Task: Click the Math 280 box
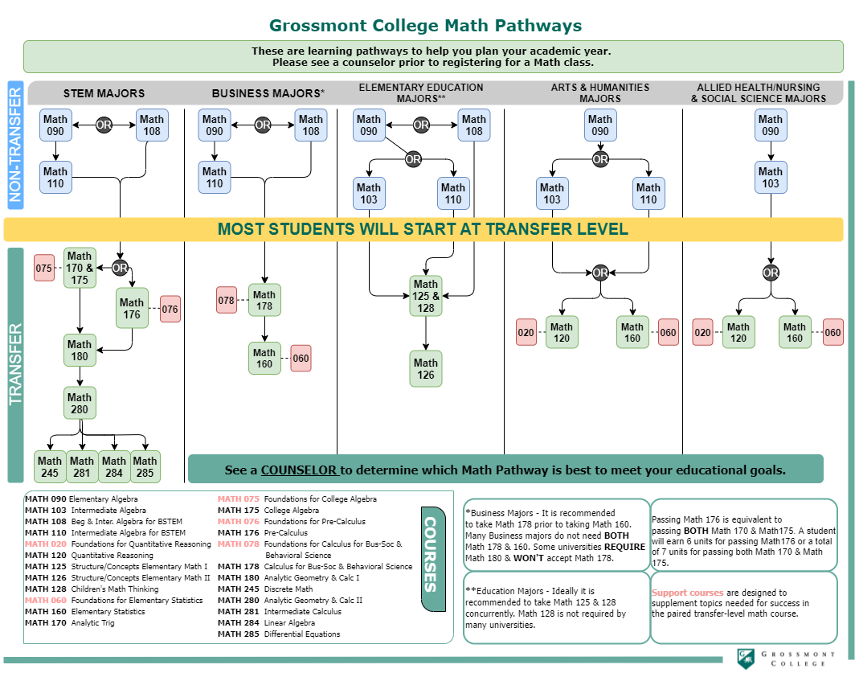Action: click(x=80, y=403)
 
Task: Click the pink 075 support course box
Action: click(x=43, y=268)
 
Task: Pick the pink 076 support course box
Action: click(x=170, y=309)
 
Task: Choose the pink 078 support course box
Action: click(x=227, y=300)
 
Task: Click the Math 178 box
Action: click(x=264, y=300)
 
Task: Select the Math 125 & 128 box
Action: click(x=426, y=296)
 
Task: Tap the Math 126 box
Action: click(x=426, y=368)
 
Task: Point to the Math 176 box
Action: click(x=132, y=308)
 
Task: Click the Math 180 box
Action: click(x=80, y=350)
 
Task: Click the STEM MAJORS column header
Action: click(x=104, y=93)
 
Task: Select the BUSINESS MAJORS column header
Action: click(x=268, y=93)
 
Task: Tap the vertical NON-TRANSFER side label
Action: click(x=15, y=145)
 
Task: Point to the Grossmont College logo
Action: click(x=784, y=658)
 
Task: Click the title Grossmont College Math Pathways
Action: click(x=426, y=26)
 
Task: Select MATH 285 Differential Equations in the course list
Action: click(x=279, y=634)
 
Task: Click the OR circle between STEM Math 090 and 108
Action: click(x=104, y=125)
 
